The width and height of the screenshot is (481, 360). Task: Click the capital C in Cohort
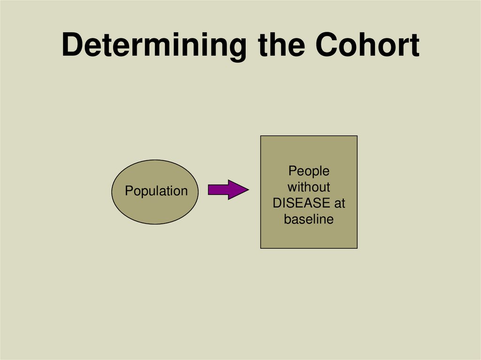pos(327,45)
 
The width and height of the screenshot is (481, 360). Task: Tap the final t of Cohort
pos(413,46)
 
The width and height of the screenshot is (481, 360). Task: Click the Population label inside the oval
pos(156,191)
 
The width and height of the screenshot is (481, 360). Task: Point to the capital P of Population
pos(128,191)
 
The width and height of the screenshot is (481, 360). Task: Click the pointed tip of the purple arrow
pos(248,190)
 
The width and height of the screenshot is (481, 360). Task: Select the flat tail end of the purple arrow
pos(209,190)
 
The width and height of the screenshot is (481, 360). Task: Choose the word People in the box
pos(309,171)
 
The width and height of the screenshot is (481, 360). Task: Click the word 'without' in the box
pos(309,187)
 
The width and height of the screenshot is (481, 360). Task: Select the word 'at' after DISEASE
pos(339,203)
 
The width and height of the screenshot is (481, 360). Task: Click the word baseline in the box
pos(309,219)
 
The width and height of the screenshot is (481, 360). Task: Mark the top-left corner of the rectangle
pos(261,136)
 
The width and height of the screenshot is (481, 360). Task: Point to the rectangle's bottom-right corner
pos(357,248)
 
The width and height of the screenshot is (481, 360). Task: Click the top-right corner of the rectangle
pos(357,136)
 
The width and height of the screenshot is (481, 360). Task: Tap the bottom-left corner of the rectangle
pos(261,248)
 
